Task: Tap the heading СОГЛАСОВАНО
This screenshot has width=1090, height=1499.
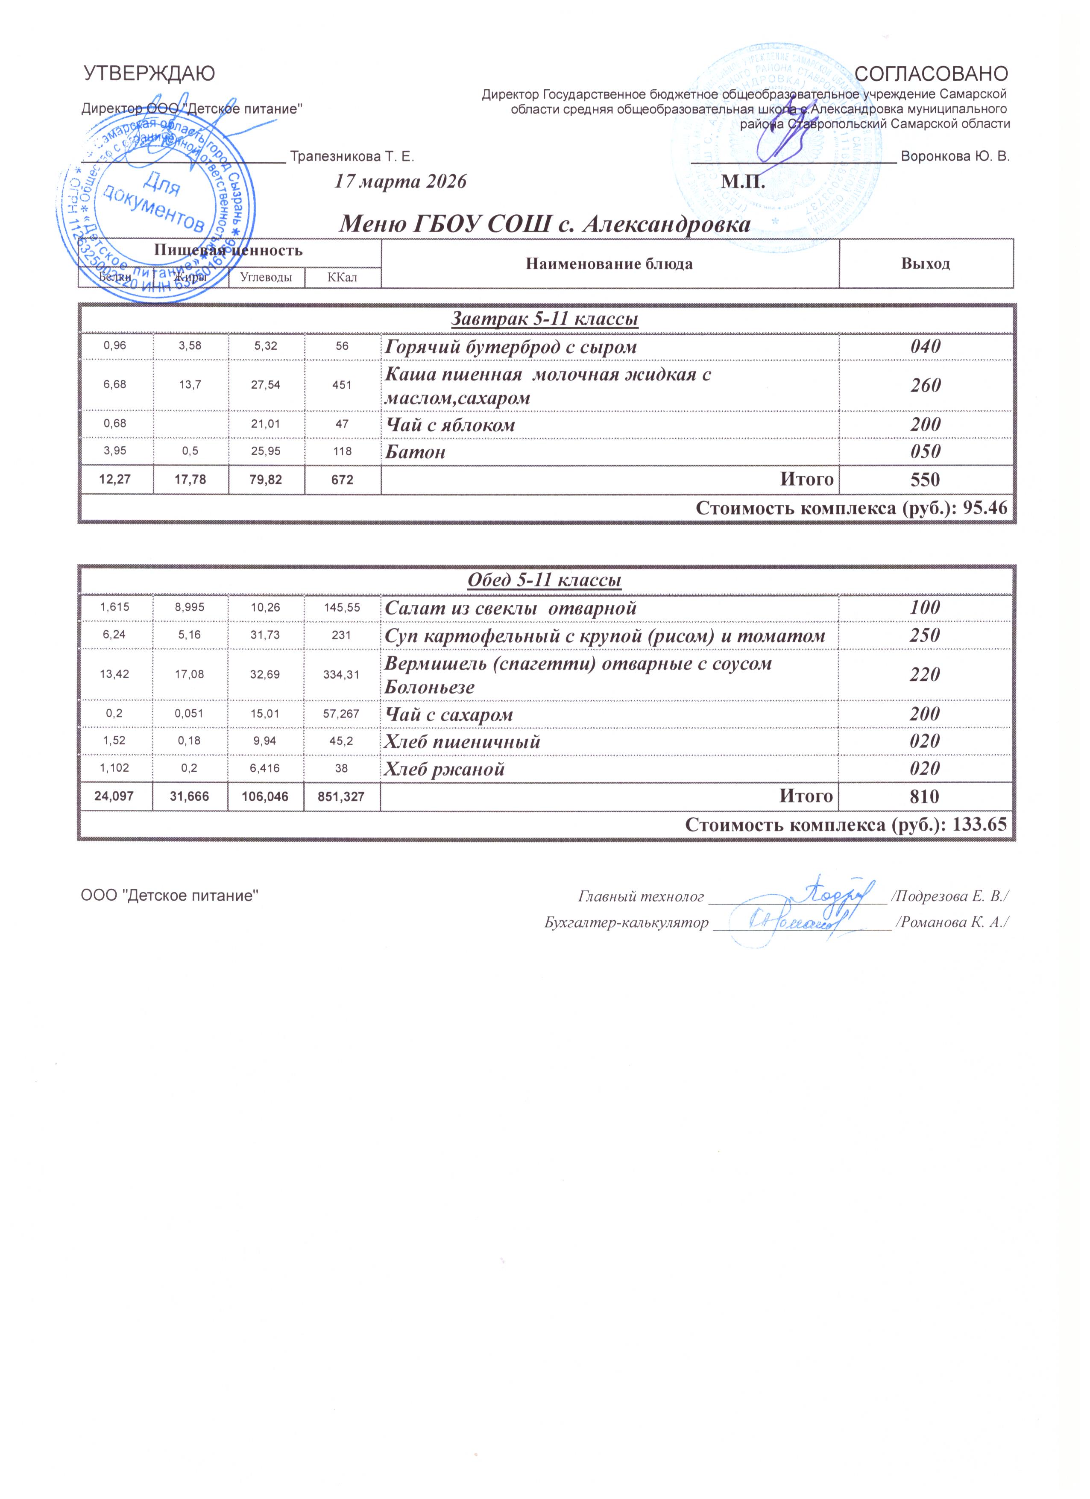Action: [x=932, y=73]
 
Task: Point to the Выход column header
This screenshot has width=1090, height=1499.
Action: [x=926, y=264]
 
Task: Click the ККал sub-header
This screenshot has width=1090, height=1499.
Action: [x=343, y=278]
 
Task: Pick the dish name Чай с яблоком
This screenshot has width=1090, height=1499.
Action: [x=450, y=425]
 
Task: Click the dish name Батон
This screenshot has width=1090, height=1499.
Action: [x=415, y=452]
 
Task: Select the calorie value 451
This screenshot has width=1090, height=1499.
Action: [x=342, y=385]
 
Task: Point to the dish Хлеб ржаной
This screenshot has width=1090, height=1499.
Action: [x=445, y=769]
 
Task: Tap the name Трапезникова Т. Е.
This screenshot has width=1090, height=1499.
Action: [x=352, y=157]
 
